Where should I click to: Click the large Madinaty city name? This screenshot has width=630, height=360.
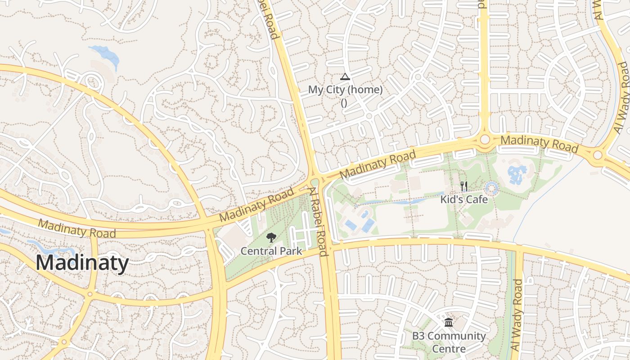coord(82,263)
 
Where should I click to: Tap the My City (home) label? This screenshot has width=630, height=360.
coord(345,90)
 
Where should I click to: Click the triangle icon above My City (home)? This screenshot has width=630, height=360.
coord(345,76)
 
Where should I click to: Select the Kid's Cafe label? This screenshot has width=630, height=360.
coord(464,199)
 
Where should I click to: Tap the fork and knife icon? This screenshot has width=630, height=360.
coord(464,186)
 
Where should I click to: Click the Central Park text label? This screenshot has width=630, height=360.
coord(271,251)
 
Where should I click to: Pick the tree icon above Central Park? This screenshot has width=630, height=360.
coord(271,237)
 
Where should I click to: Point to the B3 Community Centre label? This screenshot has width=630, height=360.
coord(449,342)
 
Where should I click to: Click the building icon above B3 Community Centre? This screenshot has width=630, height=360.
coord(449,322)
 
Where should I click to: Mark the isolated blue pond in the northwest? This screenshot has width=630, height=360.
coord(106,55)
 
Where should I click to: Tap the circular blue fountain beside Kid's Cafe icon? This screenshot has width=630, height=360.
coord(491,189)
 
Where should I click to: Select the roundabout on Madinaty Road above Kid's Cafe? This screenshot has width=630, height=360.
coord(485,139)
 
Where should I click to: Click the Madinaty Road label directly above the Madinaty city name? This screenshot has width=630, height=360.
coord(76,228)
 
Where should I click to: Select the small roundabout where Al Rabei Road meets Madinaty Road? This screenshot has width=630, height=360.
coord(315,182)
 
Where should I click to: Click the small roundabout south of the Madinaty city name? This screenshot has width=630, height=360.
coord(90,294)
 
